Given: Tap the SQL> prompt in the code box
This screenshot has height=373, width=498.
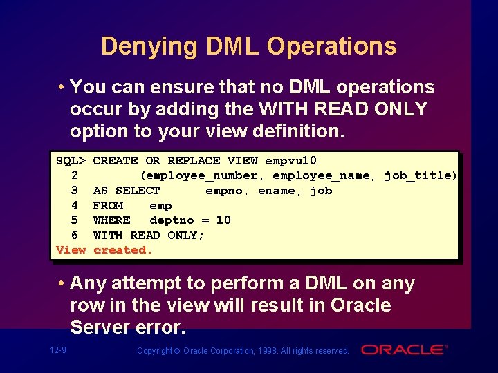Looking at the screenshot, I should point(71,160).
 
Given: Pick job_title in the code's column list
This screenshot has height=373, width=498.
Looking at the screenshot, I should point(418,175).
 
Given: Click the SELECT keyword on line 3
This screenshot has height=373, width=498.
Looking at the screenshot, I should point(138,191).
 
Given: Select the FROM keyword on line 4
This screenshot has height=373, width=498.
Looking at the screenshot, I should point(108,206).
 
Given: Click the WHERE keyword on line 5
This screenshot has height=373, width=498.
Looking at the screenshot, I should point(111,220).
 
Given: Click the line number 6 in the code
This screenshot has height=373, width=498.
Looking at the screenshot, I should point(74,236).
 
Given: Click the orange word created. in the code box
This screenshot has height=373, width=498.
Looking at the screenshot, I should point(122,250).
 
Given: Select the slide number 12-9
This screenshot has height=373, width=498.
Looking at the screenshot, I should point(58,350).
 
